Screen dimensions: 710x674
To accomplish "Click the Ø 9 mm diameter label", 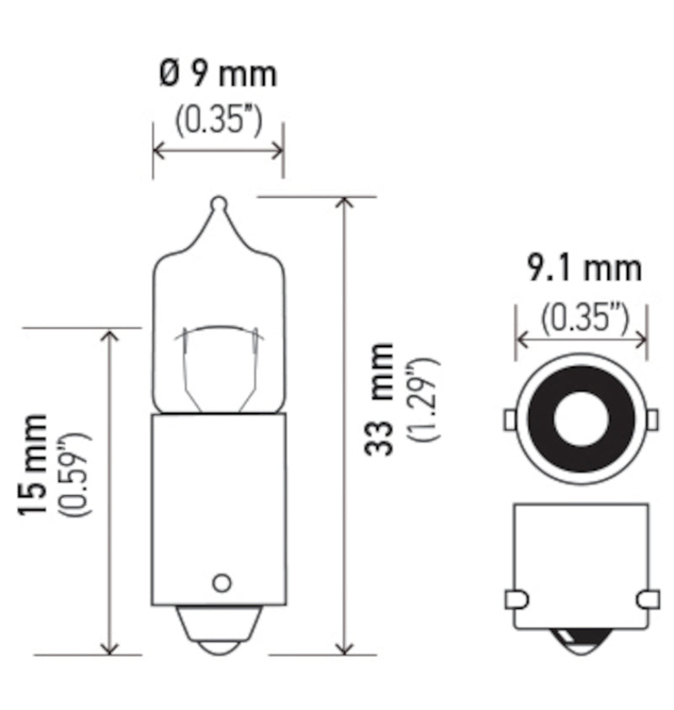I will [x=218, y=75].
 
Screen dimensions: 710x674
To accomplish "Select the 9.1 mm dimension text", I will [x=584, y=269].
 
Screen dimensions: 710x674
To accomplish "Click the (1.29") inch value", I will [x=419, y=400].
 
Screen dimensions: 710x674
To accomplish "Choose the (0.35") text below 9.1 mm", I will [x=584, y=316].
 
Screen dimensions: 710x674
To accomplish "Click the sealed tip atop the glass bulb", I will [x=218, y=203].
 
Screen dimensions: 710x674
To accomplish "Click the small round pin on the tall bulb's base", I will [x=222, y=582].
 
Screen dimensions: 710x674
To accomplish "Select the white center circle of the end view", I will [x=580, y=419].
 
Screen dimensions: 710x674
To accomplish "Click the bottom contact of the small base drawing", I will [x=580, y=645].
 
